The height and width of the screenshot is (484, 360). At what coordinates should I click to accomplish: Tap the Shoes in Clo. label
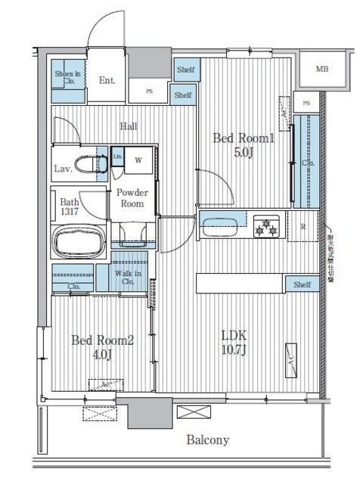point(69,79)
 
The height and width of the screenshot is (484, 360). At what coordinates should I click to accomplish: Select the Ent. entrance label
point(107,79)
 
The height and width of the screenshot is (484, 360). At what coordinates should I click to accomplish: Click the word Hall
point(128,126)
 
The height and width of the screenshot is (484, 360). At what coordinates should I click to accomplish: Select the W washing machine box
point(138,160)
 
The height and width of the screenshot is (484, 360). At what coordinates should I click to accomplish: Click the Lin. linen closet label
point(117,157)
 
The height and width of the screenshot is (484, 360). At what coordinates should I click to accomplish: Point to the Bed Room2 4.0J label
point(102,347)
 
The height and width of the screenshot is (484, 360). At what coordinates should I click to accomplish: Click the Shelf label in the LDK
point(301,284)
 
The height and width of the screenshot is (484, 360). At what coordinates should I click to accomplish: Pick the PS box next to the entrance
point(150,91)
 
